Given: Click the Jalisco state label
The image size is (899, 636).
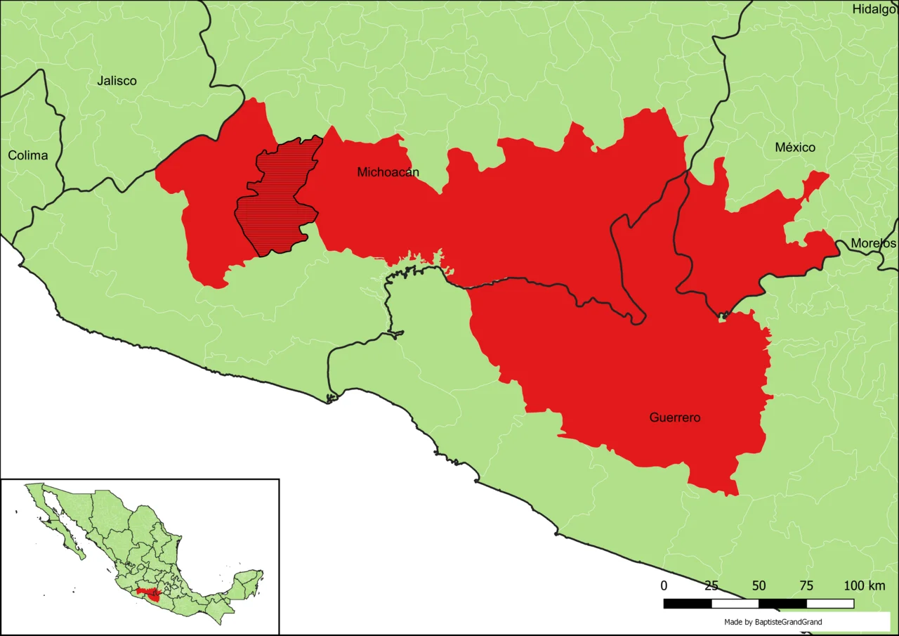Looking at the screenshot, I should pos(117,81).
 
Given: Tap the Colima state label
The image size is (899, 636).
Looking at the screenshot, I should pos(28,155).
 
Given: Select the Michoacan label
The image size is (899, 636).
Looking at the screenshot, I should pos(388,172).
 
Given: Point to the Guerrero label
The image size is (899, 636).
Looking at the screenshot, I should pos(674,417).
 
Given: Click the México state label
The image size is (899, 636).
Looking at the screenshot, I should pos(795,148).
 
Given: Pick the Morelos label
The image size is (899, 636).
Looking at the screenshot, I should pos(873,243).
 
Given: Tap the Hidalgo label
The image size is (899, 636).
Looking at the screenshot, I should pos(874,9).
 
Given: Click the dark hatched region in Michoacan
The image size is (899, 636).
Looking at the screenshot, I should pos(277,200).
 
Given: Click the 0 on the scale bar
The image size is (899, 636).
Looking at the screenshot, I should pos(664,586).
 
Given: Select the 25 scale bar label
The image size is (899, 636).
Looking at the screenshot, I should pos(711,586).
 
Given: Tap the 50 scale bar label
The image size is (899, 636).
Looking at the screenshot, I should pos(759,586).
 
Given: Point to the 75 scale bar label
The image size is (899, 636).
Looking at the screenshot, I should pos(806,586).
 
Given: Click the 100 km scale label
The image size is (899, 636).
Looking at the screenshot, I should pos(864,586).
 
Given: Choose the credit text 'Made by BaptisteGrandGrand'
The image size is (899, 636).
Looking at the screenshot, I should pos(773,622).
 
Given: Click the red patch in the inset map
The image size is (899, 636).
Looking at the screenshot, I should pos(150,595).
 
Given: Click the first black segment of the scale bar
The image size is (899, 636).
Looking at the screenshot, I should pos(688,604).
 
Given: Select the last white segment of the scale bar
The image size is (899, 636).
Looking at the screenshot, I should pos(830,604).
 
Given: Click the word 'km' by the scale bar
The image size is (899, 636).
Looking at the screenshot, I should pos(877,586).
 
